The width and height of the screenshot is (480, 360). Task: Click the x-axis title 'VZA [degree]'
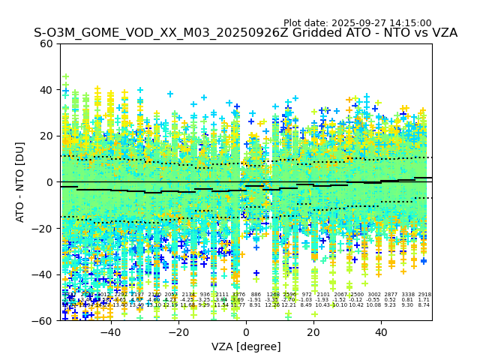246,346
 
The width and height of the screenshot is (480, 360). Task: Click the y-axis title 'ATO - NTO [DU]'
20,181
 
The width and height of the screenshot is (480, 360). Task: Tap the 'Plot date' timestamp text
357,23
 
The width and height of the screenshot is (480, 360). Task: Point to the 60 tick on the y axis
46,43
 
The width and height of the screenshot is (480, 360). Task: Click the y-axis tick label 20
46,136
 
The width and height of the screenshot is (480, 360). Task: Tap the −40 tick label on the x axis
110,332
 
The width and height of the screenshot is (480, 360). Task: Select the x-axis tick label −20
178,332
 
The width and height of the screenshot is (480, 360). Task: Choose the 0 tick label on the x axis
246,332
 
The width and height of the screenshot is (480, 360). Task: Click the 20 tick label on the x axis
313,332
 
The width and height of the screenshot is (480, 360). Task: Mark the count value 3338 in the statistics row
407,295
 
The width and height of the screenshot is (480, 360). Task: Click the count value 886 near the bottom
256,295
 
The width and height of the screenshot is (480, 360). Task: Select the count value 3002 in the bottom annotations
373,295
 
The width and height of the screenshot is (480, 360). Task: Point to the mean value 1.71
424,300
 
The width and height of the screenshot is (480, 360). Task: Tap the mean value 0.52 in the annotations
390,300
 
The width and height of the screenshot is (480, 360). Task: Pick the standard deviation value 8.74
424,305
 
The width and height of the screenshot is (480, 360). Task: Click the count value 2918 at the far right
424,295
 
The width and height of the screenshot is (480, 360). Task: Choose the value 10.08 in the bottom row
373,305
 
